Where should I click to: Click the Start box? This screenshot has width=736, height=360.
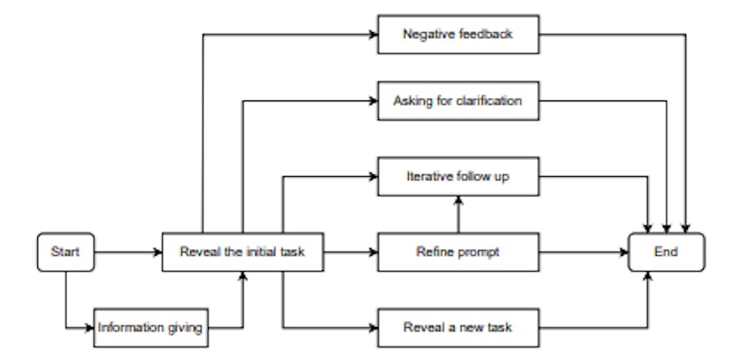[x=65, y=253]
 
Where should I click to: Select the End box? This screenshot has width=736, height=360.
[x=667, y=253]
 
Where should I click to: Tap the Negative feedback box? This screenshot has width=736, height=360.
[x=459, y=36]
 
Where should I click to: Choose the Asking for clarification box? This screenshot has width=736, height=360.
[x=459, y=100]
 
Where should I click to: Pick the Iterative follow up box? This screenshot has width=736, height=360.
[x=459, y=178]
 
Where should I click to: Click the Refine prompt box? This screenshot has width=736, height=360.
[x=459, y=253]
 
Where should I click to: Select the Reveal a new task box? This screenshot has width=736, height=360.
[x=459, y=329]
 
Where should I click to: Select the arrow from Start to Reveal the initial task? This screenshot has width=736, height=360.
[x=127, y=253]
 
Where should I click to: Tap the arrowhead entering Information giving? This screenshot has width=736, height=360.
[x=91, y=329]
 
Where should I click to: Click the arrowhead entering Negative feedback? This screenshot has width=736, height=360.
[x=373, y=36]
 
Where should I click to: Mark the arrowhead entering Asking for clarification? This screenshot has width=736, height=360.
[x=373, y=100]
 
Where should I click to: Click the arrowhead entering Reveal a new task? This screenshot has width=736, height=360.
[x=373, y=329]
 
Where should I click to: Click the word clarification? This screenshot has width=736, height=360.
[x=490, y=100]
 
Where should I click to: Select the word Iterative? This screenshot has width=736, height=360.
[x=425, y=178]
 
